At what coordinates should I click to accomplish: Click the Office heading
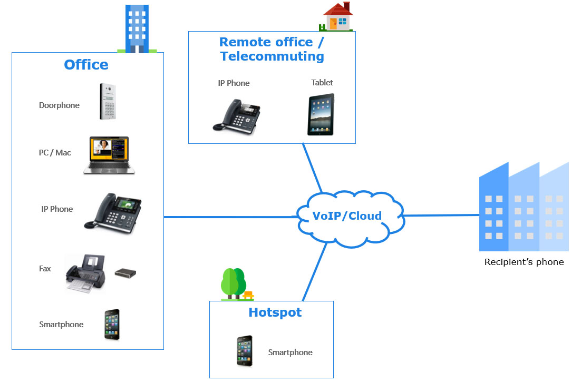(x=86, y=65)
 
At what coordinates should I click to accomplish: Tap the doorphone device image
(x=108, y=101)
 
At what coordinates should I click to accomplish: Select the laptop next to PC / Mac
(x=109, y=155)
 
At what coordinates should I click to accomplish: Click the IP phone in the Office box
(x=113, y=213)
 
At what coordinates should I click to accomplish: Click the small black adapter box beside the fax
(x=125, y=273)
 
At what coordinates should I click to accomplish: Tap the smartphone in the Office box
(x=112, y=325)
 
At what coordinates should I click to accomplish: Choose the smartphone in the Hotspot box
(x=245, y=351)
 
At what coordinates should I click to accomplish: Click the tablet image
(x=321, y=115)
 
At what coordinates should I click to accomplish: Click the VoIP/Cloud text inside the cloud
(x=347, y=216)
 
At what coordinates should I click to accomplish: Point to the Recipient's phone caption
(x=524, y=262)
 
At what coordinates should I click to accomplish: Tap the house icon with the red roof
(x=336, y=16)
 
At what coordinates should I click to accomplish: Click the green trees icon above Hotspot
(x=236, y=284)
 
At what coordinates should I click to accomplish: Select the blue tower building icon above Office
(x=137, y=29)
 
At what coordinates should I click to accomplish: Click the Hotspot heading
(x=275, y=312)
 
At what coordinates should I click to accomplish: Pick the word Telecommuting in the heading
(x=273, y=56)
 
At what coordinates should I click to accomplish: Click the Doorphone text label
(x=59, y=105)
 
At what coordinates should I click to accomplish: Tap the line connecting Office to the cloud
(x=230, y=217)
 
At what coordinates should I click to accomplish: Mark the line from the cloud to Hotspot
(x=315, y=272)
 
